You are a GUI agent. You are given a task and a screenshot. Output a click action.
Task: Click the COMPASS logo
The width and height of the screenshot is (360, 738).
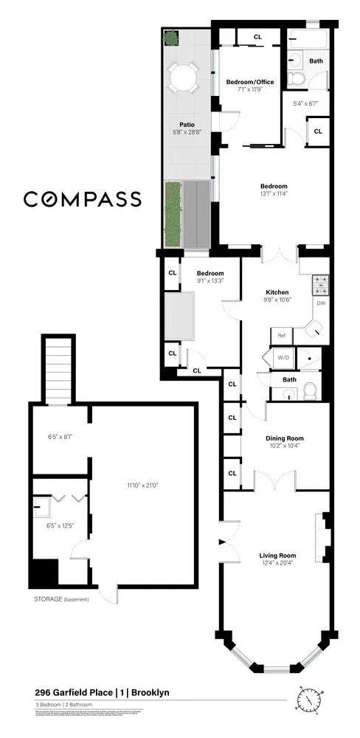[83, 199]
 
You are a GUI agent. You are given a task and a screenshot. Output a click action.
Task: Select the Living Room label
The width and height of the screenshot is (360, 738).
[277, 556]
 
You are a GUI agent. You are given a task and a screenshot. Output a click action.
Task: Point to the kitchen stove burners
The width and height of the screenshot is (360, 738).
[321, 281]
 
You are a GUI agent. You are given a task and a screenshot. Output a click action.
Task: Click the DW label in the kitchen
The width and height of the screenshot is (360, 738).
[321, 303]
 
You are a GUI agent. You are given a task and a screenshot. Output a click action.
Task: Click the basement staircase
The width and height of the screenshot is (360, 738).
[58, 369]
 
